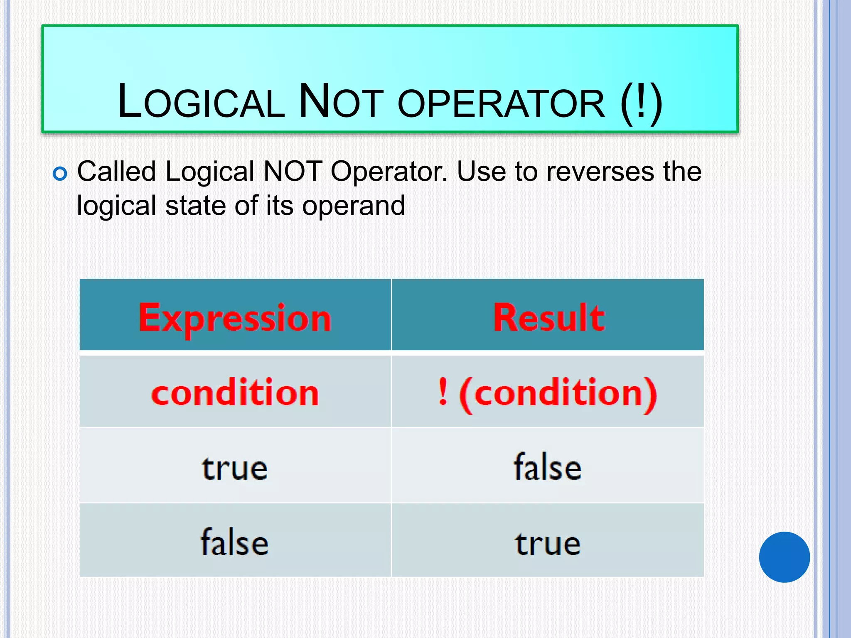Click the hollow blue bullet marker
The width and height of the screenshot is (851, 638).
pyautogui.click(x=60, y=174)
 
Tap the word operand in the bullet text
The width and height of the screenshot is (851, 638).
pyautogui.click(x=353, y=206)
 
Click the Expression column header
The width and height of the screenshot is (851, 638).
pyautogui.click(x=235, y=318)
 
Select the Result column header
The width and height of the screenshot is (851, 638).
pyautogui.click(x=548, y=318)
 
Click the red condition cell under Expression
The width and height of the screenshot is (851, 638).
pyautogui.click(x=235, y=393)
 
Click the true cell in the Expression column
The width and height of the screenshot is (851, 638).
pyautogui.click(x=235, y=469)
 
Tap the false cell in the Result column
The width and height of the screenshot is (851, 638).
pyautogui.click(x=548, y=467)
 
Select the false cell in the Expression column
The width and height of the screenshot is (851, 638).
pyautogui.click(x=235, y=542)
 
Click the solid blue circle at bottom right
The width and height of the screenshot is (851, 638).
pyautogui.click(x=784, y=557)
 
